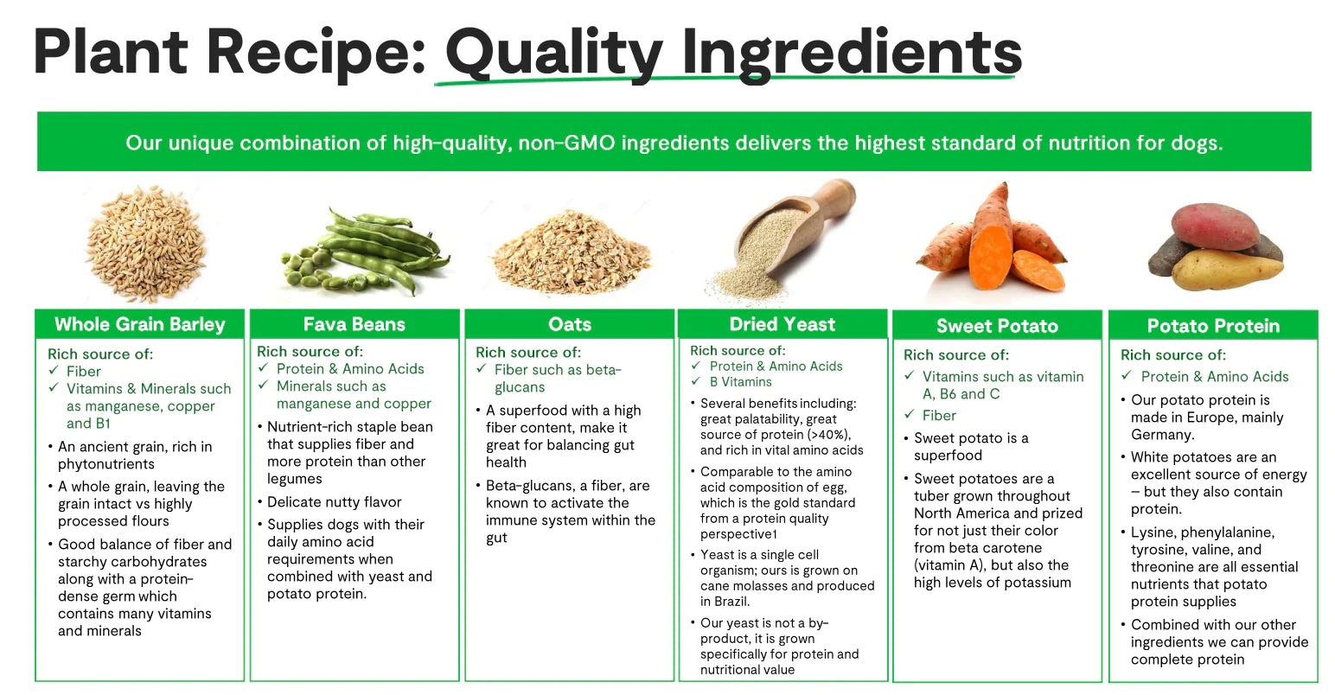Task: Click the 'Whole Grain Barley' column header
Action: (139, 324)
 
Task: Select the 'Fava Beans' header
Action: (354, 324)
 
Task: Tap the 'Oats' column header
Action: (570, 324)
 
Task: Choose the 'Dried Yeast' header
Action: (782, 324)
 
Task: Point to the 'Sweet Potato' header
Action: (997, 325)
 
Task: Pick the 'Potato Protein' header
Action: (1213, 325)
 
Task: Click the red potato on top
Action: (1215, 226)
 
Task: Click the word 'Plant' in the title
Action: (112, 53)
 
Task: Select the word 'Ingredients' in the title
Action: (852, 54)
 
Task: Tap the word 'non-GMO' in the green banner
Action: (566, 143)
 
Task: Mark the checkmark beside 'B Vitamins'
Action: (695, 381)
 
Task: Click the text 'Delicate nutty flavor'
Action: (334, 502)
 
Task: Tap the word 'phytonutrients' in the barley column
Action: (106, 464)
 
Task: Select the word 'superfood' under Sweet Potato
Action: (948, 456)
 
